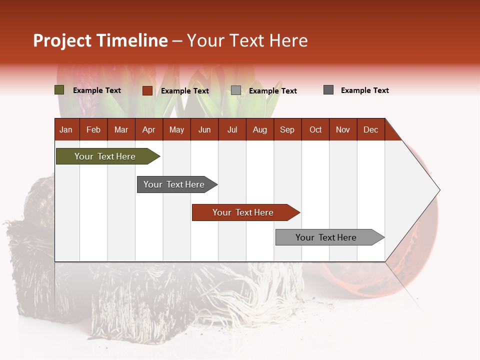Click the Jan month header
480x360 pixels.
[x=66, y=129]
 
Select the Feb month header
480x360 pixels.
[x=93, y=129]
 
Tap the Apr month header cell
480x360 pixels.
[x=149, y=129]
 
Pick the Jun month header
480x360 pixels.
[x=204, y=129]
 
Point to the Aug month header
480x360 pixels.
[x=260, y=129]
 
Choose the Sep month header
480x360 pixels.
[x=287, y=129]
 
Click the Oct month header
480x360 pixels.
[x=315, y=129]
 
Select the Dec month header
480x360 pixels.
[x=371, y=129]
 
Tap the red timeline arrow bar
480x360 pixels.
[x=244, y=212]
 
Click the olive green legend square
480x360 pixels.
[x=59, y=90]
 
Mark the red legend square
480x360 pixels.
[x=147, y=90]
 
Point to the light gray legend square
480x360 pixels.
[x=236, y=90]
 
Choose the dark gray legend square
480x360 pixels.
[x=328, y=90]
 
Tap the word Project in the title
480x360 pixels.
[x=62, y=40]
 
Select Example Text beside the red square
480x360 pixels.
[x=185, y=91]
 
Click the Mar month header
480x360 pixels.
[x=121, y=129]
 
